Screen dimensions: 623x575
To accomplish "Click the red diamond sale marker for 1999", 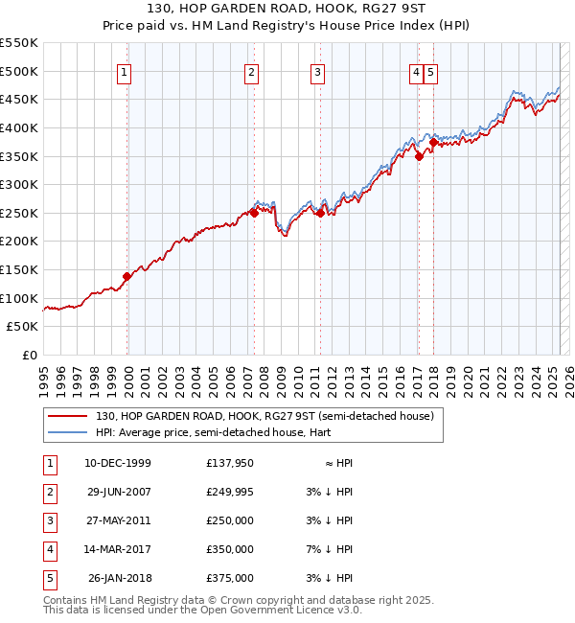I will [x=126, y=276].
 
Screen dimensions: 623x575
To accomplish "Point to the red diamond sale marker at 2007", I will [x=254, y=213].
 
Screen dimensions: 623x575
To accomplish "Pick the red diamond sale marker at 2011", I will [x=320, y=214].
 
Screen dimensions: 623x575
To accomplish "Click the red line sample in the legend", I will [x=67, y=417].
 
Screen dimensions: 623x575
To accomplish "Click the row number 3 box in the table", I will [x=49, y=520].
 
